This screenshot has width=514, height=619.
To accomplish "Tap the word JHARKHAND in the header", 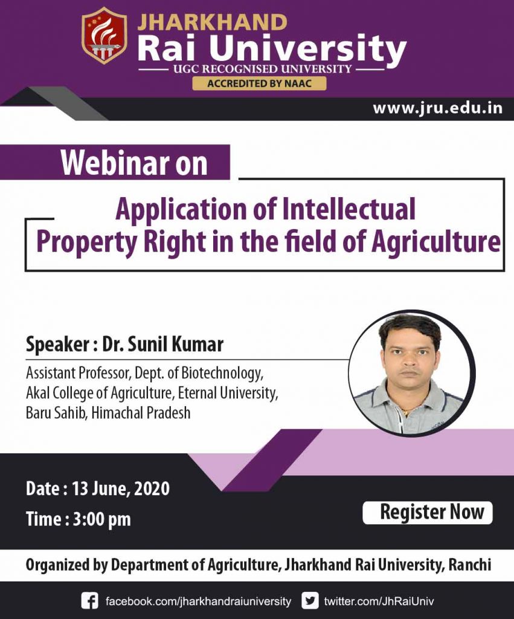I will [213, 22].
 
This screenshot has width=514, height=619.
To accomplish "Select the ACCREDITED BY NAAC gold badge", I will [259, 83].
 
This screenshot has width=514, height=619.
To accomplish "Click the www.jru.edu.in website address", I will [437, 109].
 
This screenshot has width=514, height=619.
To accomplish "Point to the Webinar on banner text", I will [134, 163].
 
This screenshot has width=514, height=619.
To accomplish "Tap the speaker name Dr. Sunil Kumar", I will [162, 345].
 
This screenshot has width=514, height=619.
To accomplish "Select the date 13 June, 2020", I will [121, 488].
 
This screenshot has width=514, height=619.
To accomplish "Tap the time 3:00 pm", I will [101, 519].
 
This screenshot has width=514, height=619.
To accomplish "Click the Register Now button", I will [428, 513].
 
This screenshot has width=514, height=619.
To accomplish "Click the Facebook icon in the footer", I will [89, 601].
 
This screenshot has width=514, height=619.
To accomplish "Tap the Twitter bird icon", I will [310, 601].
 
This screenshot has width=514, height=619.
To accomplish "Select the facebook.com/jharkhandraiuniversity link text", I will [198, 601].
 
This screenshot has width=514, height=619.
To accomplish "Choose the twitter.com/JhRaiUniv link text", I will [379, 601].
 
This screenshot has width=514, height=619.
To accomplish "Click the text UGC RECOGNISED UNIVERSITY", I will [262, 68].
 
